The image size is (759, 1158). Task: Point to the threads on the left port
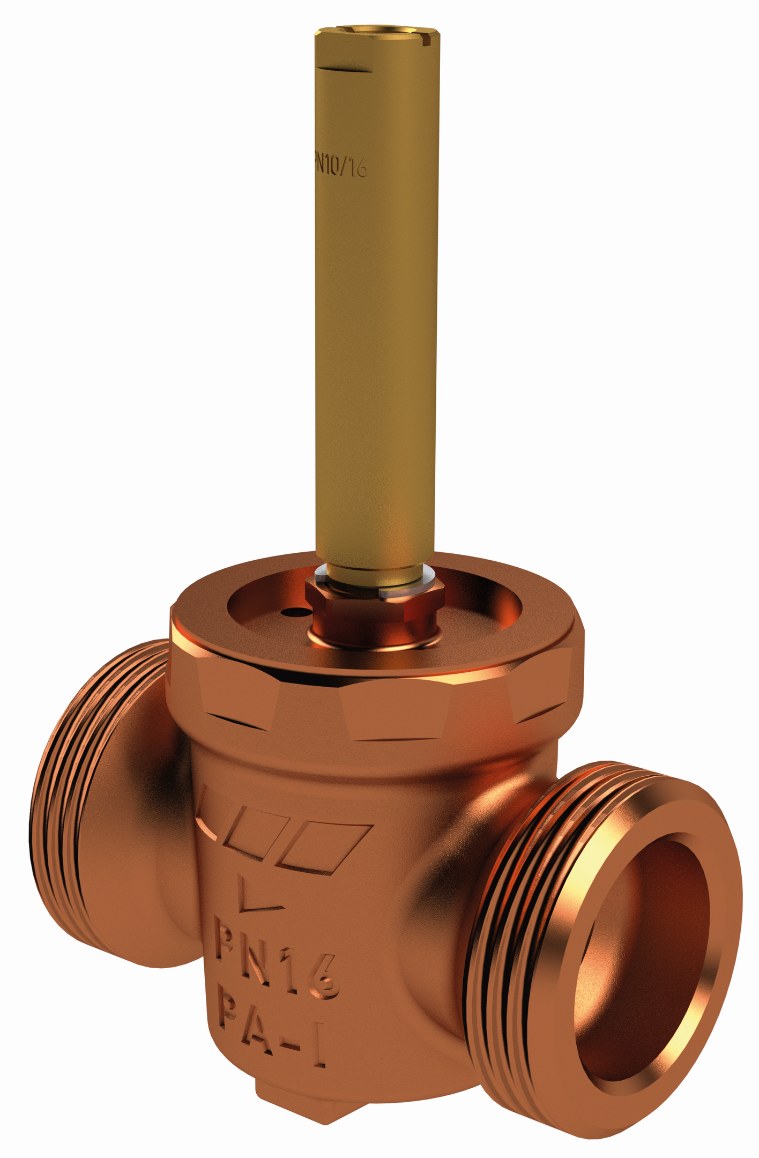click(x=59, y=804)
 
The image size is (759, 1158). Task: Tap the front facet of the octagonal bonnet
click(x=397, y=710)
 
